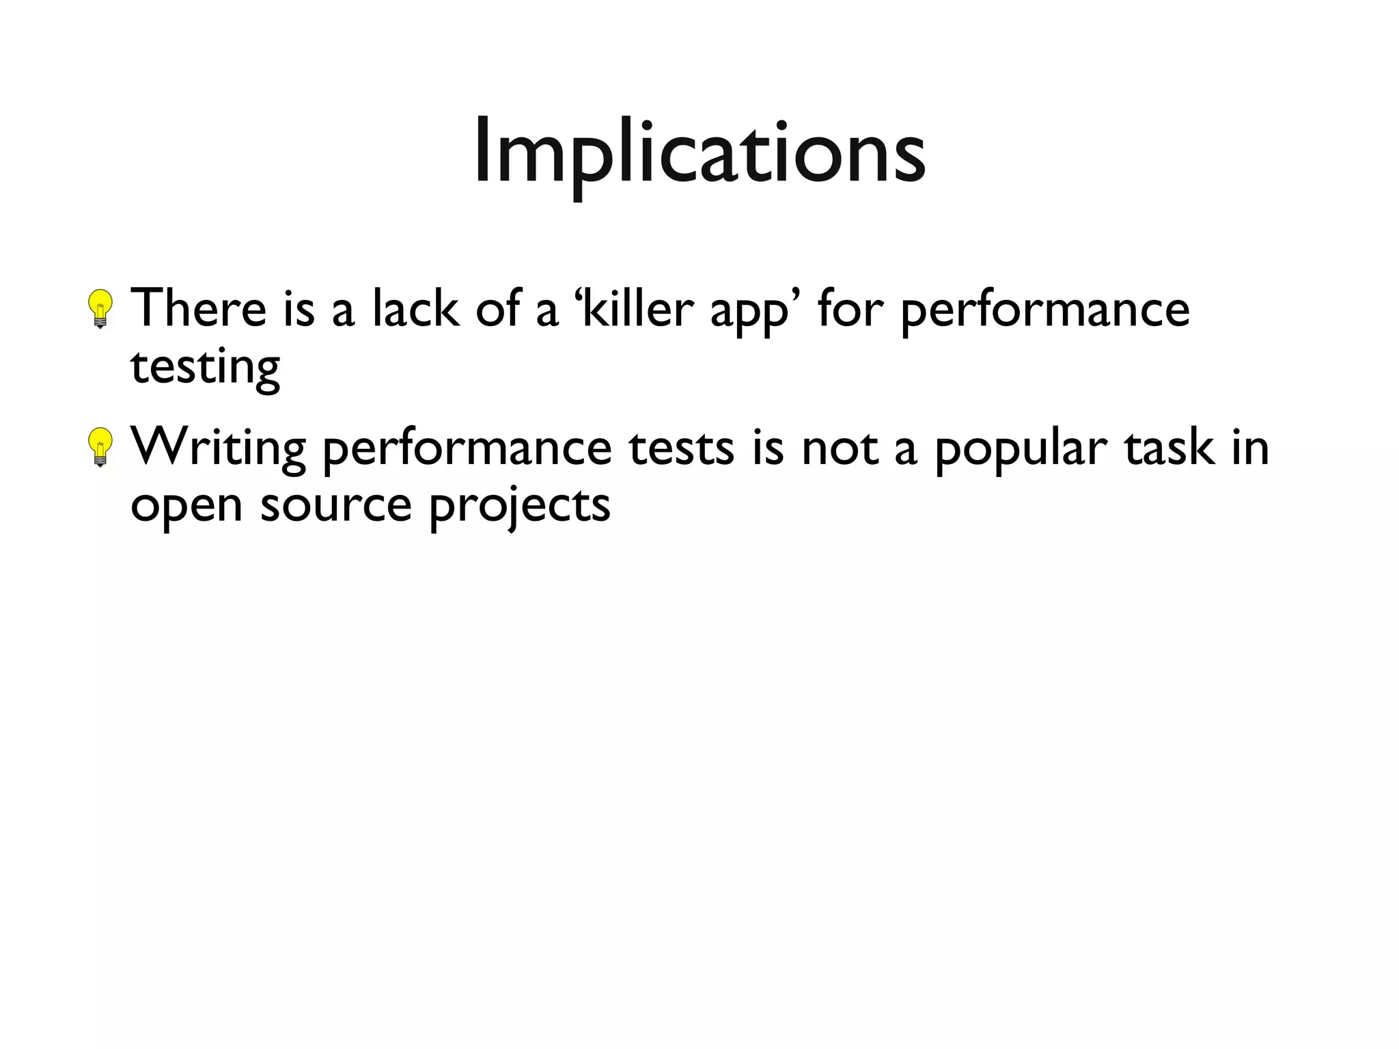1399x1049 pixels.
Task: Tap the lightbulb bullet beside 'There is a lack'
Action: [101, 308]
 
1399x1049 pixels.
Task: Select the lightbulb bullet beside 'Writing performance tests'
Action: [101, 446]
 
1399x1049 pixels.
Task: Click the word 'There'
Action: [198, 309]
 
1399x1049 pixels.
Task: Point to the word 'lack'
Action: [416, 309]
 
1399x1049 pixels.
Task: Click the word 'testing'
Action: [205, 368]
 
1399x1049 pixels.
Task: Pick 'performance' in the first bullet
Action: [1045, 311]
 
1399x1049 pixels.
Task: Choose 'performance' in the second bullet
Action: [467, 450]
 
